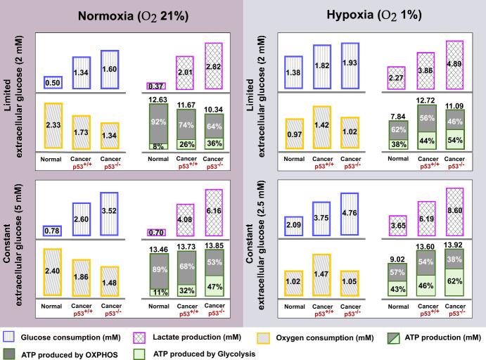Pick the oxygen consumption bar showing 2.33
(x=53, y=124)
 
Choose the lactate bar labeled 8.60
(x=455, y=210)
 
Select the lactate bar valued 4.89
(x=455, y=65)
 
